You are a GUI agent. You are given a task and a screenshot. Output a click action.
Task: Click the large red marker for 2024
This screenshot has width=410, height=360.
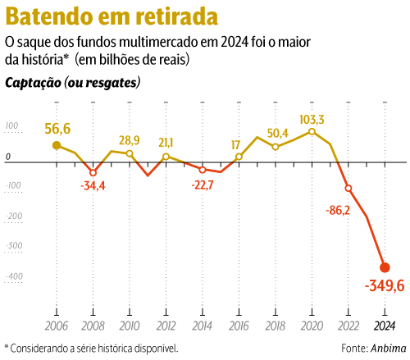[384, 267]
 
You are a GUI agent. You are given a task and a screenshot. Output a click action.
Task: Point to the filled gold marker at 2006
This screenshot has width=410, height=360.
[57, 146]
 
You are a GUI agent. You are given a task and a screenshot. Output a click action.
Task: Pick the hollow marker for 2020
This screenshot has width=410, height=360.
[312, 131]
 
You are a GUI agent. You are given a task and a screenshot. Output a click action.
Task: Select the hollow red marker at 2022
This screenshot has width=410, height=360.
[348, 188]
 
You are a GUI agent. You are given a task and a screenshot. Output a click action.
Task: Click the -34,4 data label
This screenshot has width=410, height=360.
[93, 186]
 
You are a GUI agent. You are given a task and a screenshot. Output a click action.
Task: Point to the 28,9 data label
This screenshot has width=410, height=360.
[130, 141]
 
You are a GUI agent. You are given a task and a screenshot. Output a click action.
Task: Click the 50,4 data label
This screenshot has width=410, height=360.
[277, 133]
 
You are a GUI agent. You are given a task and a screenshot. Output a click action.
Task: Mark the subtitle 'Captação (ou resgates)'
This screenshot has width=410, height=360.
[72, 83]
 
